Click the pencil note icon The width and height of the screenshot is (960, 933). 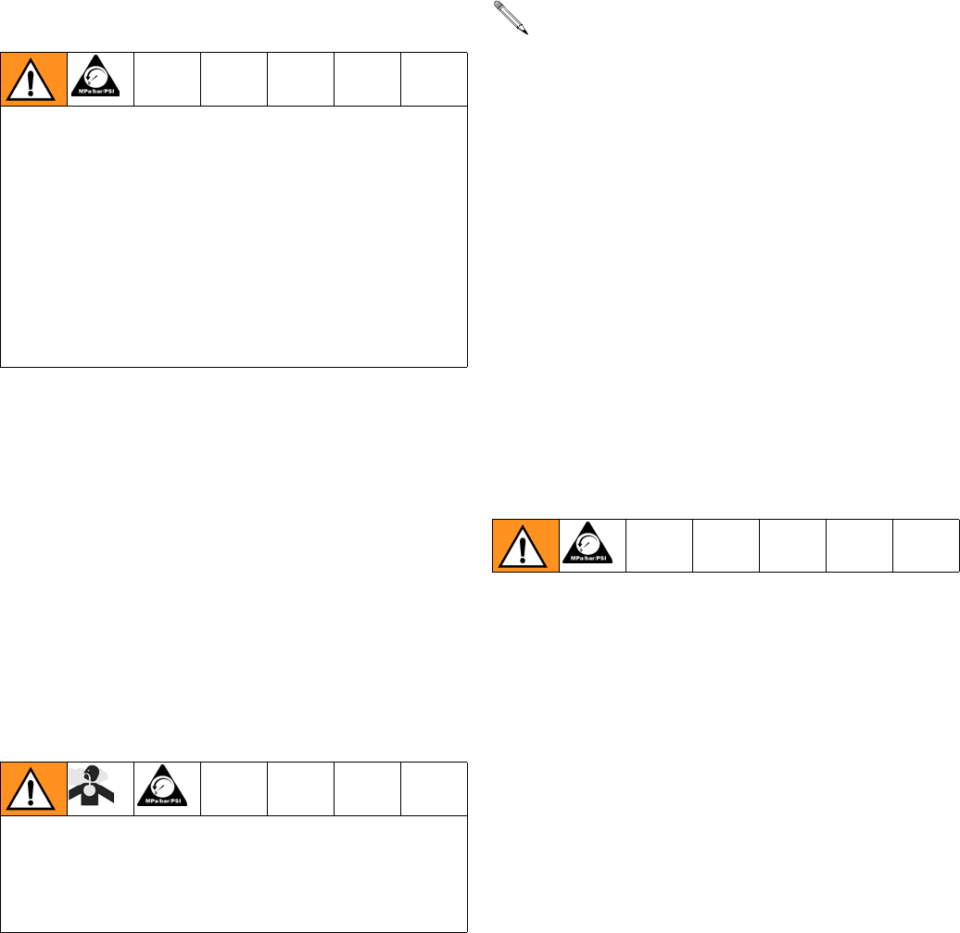click(511, 18)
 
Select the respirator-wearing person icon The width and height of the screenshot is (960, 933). click(100, 788)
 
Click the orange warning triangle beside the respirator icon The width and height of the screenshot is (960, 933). click(34, 789)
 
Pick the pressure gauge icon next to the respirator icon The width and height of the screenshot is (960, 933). click(167, 788)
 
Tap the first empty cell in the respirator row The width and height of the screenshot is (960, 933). click(234, 788)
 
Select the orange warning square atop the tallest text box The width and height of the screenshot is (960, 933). click(34, 80)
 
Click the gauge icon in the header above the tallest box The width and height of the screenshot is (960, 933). click(100, 79)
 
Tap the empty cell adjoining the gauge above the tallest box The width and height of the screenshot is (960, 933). click(168, 80)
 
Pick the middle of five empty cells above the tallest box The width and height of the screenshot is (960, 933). click(301, 80)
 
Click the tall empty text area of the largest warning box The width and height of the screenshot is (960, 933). click(234, 236)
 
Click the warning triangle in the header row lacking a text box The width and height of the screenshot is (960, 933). click(525, 546)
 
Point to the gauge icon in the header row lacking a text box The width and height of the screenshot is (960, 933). click(592, 545)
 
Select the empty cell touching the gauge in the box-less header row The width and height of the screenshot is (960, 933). click(660, 546)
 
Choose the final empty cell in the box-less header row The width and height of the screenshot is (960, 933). click(926, 546)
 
